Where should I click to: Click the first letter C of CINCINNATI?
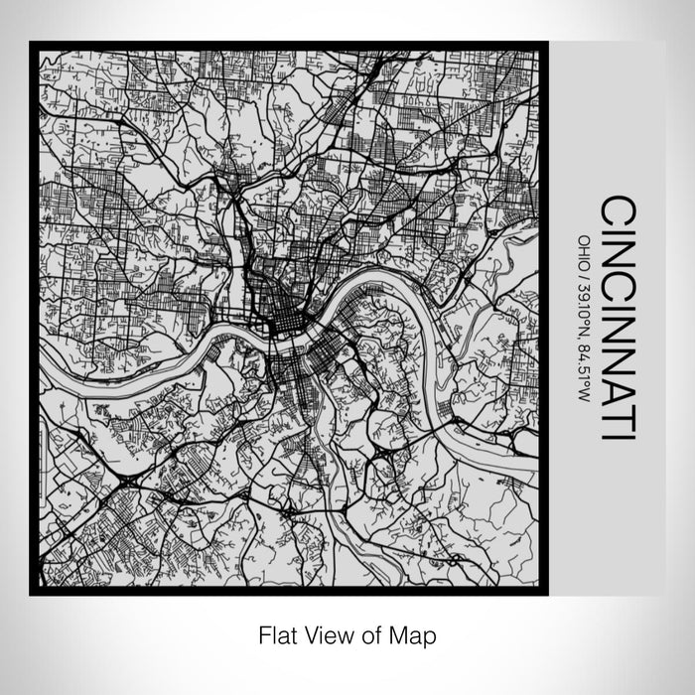click(619, 211)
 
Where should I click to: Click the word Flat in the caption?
click(277, 632)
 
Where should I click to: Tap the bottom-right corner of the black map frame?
click(543, 591)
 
